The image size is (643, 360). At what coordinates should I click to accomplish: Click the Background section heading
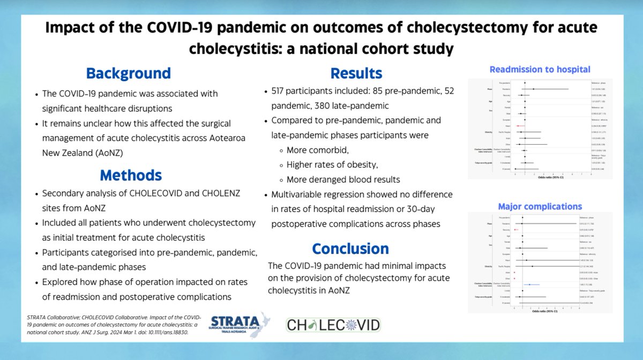point(129,73)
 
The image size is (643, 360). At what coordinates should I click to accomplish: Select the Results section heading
point(356,73)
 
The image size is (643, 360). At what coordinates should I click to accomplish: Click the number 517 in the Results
point(283,92)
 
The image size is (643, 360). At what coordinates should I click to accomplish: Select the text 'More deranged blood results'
point(343,179)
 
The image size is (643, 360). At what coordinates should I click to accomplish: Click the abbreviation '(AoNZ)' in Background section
point(110,152)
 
